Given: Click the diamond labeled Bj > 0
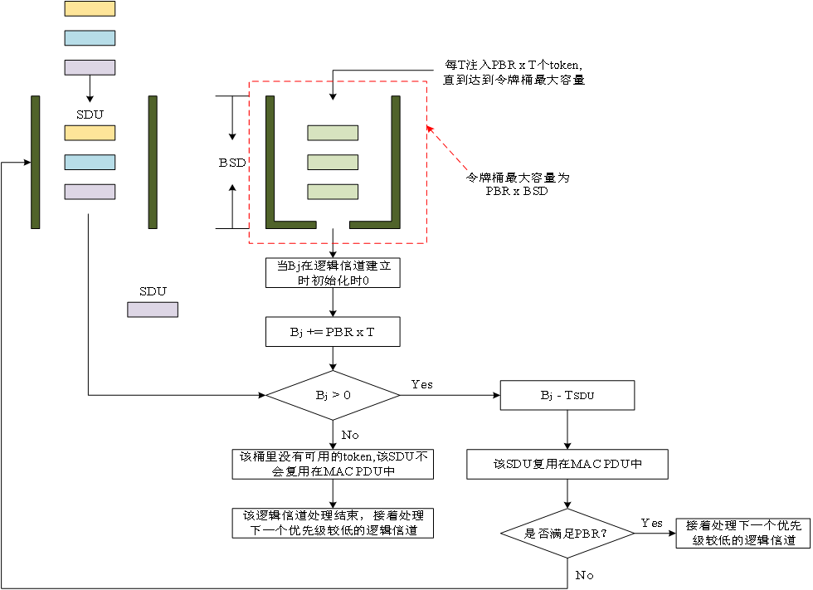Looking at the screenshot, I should (333, 395).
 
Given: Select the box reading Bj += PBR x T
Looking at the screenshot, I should (333, 332).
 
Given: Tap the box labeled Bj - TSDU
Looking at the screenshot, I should (567, 395).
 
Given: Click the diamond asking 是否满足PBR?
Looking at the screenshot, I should (567, 533).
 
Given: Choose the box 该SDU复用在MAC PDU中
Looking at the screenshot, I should (567, 465).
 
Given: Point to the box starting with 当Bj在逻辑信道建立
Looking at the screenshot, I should (333, 273).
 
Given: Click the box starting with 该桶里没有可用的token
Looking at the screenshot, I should (333, 464).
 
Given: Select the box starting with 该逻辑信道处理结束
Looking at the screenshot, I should (333, 523).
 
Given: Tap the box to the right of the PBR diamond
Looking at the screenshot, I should (739, 533).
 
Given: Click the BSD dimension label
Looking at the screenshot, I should (232, 163).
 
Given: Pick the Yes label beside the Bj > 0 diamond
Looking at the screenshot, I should (421, 384).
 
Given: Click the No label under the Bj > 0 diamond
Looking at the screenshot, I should (351, 434).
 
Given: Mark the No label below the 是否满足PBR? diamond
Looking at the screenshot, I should (585, 574).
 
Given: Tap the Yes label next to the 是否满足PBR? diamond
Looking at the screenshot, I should (651, 523).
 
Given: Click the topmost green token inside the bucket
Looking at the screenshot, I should (333, 133).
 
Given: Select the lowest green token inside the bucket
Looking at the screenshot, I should (333, 192).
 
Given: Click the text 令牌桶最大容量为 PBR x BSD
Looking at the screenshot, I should (516, 184).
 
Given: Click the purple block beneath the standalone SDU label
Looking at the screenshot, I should (153, 310).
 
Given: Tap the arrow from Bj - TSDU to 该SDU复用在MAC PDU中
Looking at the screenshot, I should (567, 429).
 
